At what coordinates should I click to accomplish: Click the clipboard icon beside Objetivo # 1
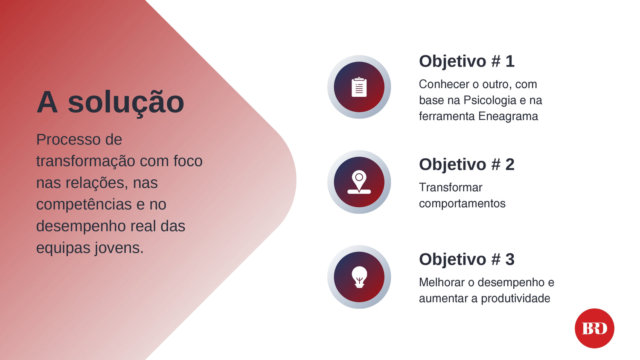(x=359, y=87)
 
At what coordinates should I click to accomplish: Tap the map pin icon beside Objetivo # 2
(x=359, y=182)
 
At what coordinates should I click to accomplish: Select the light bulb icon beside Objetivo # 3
(x=359, y=277)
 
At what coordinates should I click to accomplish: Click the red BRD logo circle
(x=594, y=328)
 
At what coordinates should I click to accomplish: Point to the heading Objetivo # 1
(x=467, y=61)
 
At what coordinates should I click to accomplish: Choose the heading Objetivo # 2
(x=467, y=164)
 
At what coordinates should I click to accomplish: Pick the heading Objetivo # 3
(x=467, y=259)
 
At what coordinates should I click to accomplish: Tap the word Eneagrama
(x=508, y=116)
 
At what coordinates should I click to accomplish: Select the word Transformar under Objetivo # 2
(x=451, y=188)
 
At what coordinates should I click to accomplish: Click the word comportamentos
(x=462, y=204)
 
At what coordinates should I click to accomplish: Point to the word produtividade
(x=515, y=299)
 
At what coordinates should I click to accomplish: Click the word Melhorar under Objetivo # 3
(x=442, y=282)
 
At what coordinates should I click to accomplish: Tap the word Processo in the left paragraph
(x=68, y=140)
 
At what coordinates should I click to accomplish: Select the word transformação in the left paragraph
(x=86, y=162)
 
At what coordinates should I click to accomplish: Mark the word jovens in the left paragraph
(x=119, y=248)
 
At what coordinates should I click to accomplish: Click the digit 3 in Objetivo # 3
(x=510, y=259)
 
